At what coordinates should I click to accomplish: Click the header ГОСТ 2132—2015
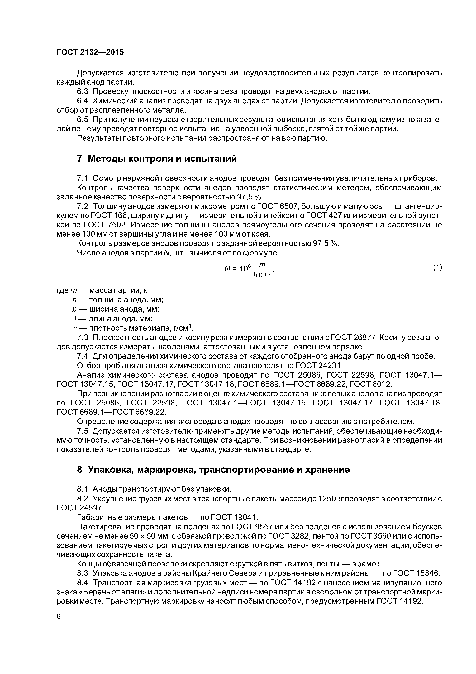90,52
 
